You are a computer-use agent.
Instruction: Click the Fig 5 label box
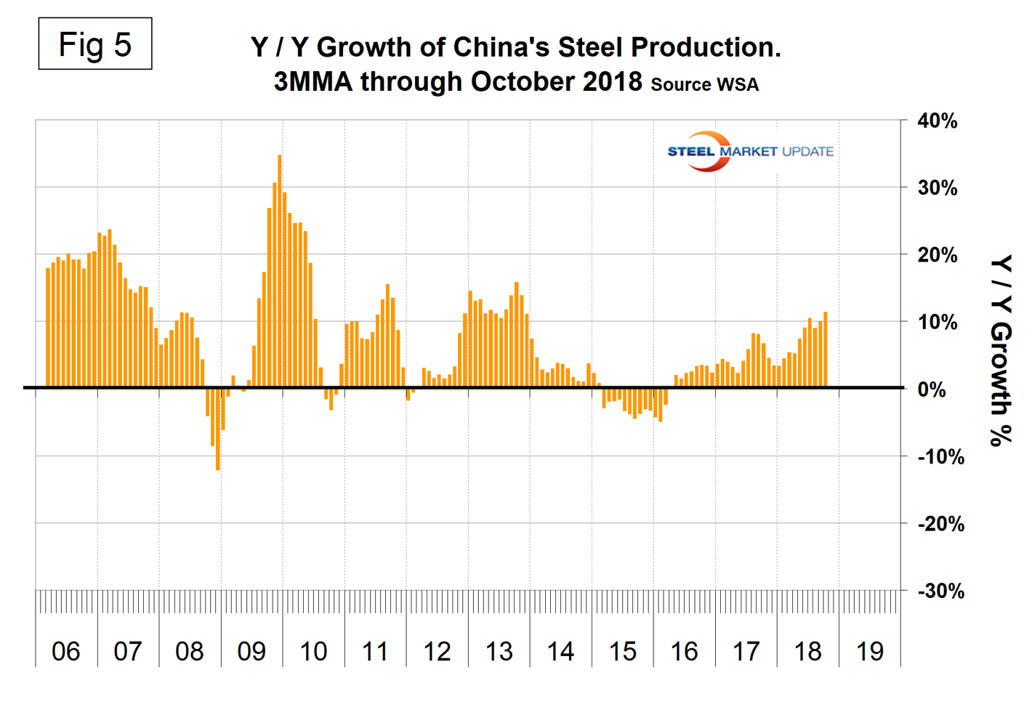point(95,44)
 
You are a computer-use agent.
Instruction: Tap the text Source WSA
point(704,84)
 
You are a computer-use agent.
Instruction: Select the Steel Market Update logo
point(750,151)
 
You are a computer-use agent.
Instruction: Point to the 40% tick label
point(937,121)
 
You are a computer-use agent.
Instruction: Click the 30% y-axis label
point(937,188)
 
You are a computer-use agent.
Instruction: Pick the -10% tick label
point(940,457)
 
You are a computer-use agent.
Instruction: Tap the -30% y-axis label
point(940,591)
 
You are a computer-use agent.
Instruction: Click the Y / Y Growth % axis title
point(1001,350)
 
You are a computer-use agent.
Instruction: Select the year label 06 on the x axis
point(66,651)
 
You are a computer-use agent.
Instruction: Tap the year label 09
point(251,651)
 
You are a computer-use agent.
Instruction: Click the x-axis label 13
point(499,651)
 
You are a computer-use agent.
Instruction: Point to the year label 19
point(870,651)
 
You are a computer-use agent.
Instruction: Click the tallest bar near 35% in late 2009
point(280,270)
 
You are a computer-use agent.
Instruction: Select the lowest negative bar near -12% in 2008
point(218,429)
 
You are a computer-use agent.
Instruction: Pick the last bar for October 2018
point(826,350)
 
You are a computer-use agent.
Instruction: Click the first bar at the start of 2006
point(48,327)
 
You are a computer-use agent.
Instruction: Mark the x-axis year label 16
point(685,651)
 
